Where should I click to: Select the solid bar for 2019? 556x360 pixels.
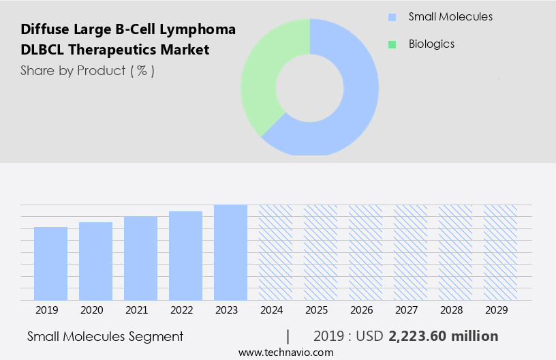point(50,263)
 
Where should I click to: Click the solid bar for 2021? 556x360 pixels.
point(140,258)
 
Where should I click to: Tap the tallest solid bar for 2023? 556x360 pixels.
point(230,252)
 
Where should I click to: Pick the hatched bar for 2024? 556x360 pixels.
point(275,252)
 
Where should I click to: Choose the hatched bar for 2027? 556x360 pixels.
point(410,252)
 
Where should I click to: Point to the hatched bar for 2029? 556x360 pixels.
point(500,252)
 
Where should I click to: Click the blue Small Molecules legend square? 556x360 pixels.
point(392,17)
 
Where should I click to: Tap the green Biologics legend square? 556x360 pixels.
point(392,44)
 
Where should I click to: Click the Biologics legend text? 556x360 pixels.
point(431,44)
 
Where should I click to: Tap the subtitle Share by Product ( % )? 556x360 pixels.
point(87,71)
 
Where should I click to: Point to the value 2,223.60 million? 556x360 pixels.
point(443,336)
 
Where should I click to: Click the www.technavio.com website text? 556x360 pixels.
point(286,352)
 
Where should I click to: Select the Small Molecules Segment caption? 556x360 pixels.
point(105,336)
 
